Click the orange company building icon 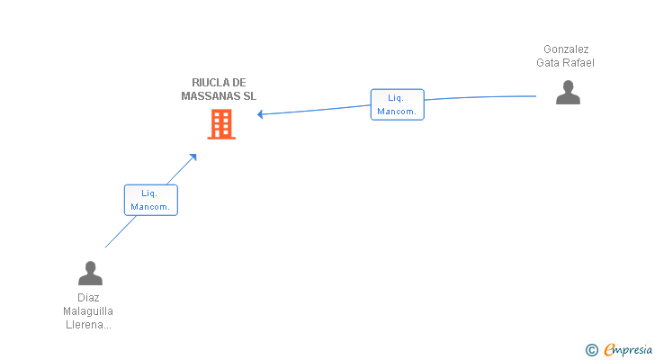coord(221,124)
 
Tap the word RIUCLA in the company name coord(211,83)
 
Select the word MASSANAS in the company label coord(211,95)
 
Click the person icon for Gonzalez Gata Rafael coord(568,92)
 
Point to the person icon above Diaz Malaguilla coord(90,273)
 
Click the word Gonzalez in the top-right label coord(566,49)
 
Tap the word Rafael coord(579,63)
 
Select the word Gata coord(549,63)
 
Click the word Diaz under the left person coord(88,297)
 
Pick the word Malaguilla coord(88,311)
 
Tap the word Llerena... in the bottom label coord(88,325)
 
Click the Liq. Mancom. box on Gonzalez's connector coord(397,104)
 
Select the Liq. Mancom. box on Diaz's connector coord(150,200)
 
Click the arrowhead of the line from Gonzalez coord(261,114)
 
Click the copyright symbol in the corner coord(591,349)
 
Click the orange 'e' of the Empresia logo coord(609,349)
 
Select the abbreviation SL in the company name coord(249,95)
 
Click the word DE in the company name coord(238,83)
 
